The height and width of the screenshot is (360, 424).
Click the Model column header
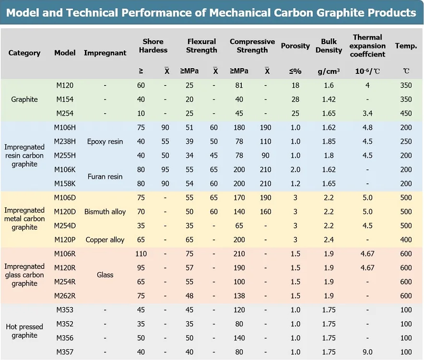pos(65,53)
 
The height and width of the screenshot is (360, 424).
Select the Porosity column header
pos(295,46)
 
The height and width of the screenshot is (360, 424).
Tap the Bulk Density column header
pos(329,46)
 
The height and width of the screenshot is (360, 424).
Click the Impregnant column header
pos(105,53)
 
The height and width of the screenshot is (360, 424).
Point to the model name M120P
pos(65,240)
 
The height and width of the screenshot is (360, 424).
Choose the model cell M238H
pos(65,142)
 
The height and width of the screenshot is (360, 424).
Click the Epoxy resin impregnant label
pos(105,142)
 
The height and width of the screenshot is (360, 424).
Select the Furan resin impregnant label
pos(105,177)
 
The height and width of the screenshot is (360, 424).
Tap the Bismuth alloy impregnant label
pos(105,212)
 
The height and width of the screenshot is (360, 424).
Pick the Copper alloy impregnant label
pos(105,240)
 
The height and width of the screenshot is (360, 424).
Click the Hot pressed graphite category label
pos(24,331)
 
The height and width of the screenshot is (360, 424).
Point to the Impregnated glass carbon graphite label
pos(24,275)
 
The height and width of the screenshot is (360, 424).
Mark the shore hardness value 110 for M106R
pos(141,254)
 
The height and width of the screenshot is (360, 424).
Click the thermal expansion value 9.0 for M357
pos(367,352)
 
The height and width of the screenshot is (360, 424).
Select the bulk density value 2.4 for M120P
pos(329,240)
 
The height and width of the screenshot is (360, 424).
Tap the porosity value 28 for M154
pos(295,99)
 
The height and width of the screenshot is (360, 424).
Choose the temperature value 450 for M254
pos(406,113)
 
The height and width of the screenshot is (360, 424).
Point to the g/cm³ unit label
pos(329,72)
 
